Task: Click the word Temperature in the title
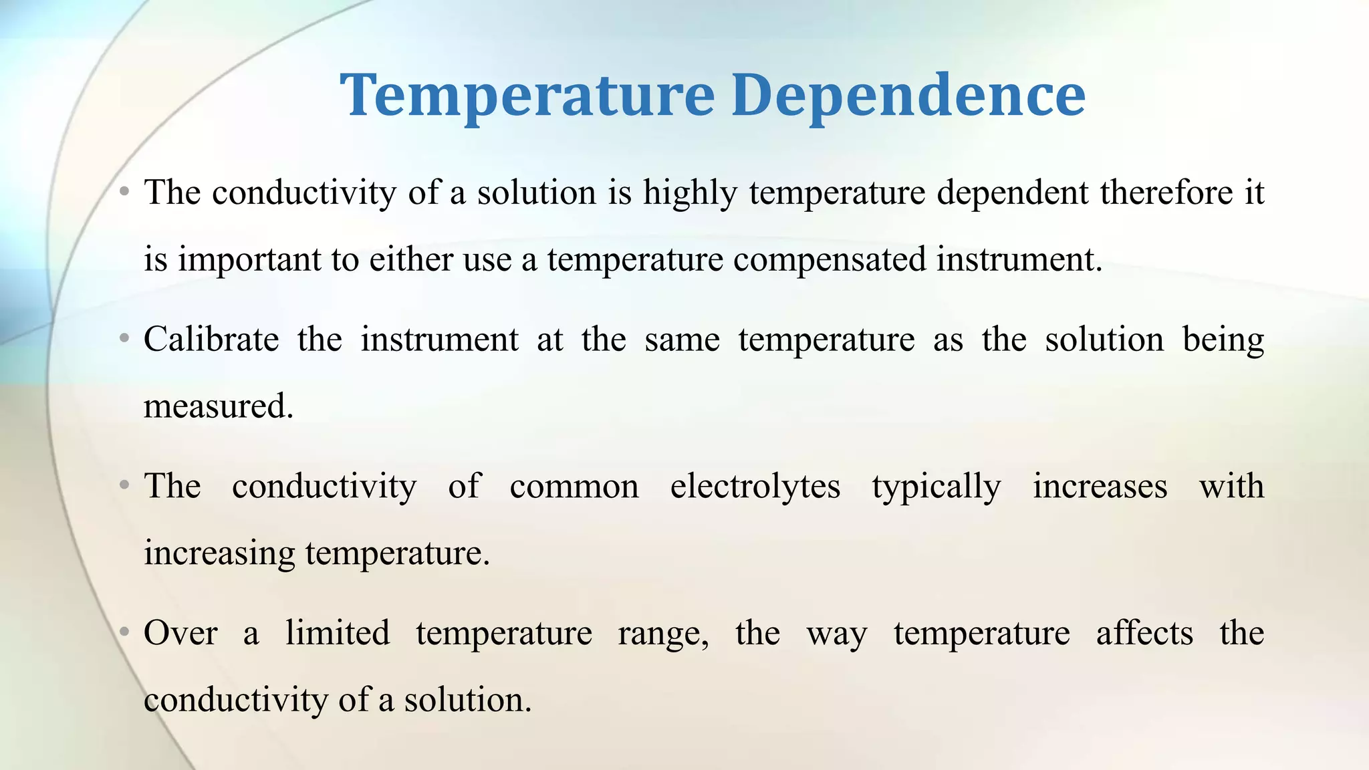point(527,96)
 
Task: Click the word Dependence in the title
point(908,96)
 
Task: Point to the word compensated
point(830,260)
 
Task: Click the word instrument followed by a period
point(1018,260)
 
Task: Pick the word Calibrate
point(211,340)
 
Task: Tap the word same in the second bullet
point(682,340)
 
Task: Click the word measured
point(218,406)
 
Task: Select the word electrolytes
point(755,487)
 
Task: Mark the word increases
point(1100,487)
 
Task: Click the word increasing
point(219,554)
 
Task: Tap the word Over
point(180,633)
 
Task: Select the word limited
point(338,633)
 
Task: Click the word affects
point(1144,633)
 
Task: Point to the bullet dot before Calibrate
point(124,340)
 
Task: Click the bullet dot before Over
point(124,632)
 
